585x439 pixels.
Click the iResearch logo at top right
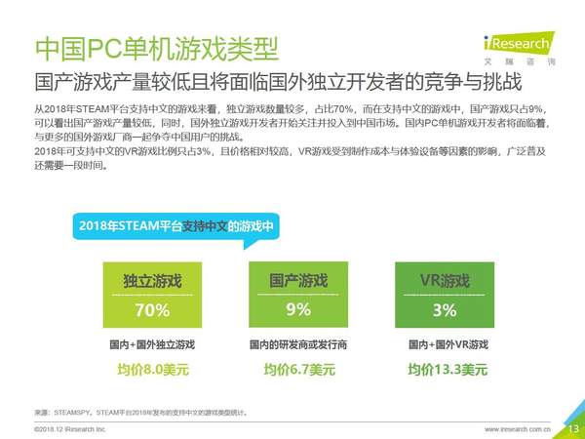pos(519,47)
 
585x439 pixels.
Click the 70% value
pos(152,310)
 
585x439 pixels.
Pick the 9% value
pos(298,310)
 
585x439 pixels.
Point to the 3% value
pos(444,310)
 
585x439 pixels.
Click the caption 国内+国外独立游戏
pos(152,345)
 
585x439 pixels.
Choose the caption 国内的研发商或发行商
pos(298,345)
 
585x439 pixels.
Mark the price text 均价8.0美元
pos(152,370)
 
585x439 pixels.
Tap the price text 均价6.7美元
pos(298,370)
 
